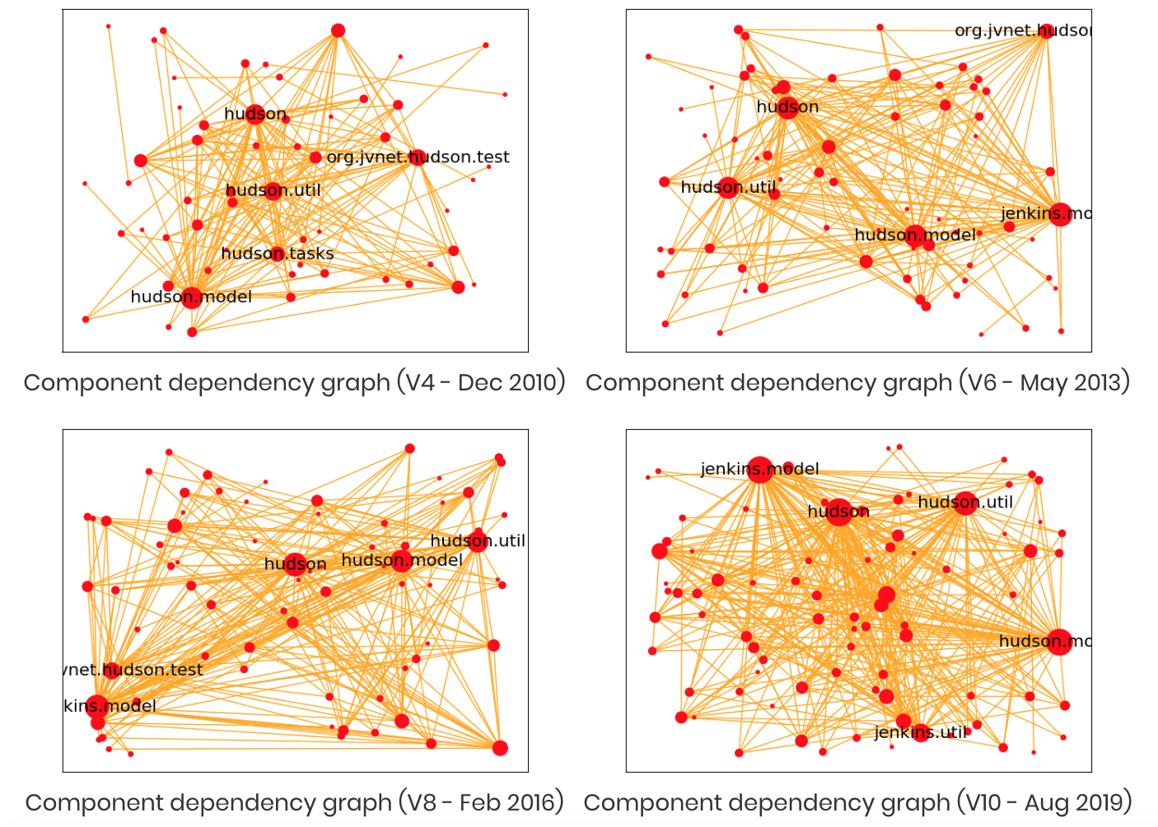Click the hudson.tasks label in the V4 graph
278,254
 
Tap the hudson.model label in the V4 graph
191,297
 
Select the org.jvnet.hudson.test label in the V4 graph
418,157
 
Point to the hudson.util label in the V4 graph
273,190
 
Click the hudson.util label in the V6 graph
728,187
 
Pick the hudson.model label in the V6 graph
914,235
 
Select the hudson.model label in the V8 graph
401,560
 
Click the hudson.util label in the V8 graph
478,540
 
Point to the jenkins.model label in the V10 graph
759,469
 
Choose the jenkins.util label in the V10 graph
920,731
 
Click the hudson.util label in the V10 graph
965,502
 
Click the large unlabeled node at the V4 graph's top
338,30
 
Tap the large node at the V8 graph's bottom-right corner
500,748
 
